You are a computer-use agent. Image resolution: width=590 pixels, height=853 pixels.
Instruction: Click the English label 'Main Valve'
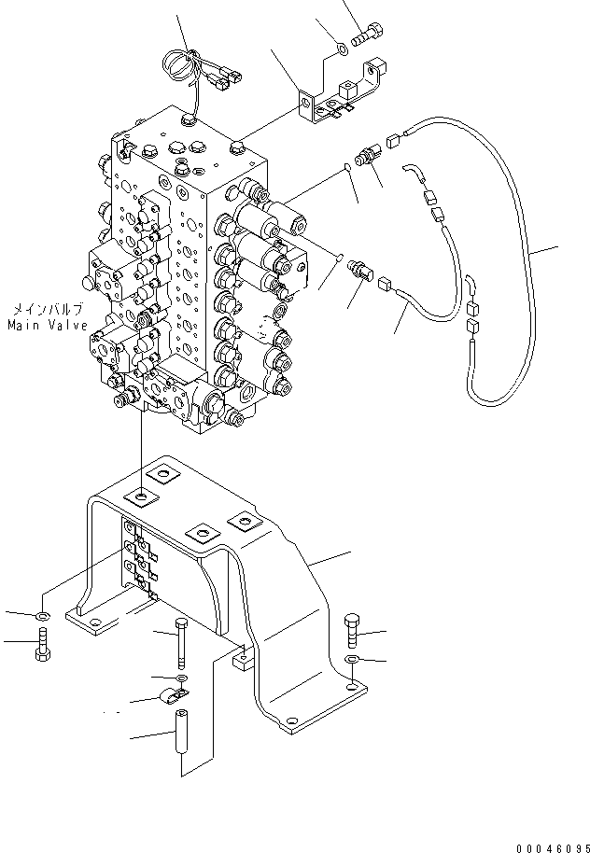48,326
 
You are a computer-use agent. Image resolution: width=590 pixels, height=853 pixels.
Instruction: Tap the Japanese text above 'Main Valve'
48,310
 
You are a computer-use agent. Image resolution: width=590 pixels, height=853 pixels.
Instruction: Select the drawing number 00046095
553,847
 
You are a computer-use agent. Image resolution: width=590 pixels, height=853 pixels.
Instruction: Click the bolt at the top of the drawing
368,35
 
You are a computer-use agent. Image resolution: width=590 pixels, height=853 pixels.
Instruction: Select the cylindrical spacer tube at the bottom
181,730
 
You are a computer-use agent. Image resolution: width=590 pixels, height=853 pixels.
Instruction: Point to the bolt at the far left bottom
42,644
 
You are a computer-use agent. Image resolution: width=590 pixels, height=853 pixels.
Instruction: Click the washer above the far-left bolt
42,616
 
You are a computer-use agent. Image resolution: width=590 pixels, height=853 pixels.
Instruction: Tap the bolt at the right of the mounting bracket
351,631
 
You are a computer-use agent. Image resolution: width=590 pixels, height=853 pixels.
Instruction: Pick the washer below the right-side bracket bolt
352,660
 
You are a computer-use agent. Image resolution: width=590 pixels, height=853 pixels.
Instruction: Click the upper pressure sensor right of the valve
369,156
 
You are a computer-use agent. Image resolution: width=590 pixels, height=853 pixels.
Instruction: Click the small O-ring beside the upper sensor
349,167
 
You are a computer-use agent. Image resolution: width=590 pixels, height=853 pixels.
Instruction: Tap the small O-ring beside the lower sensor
338,256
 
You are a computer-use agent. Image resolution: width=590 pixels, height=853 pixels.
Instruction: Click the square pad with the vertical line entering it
142,496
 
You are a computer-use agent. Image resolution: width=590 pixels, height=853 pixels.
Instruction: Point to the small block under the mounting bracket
244,660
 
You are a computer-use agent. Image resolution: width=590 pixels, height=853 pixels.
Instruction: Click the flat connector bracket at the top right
344,91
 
